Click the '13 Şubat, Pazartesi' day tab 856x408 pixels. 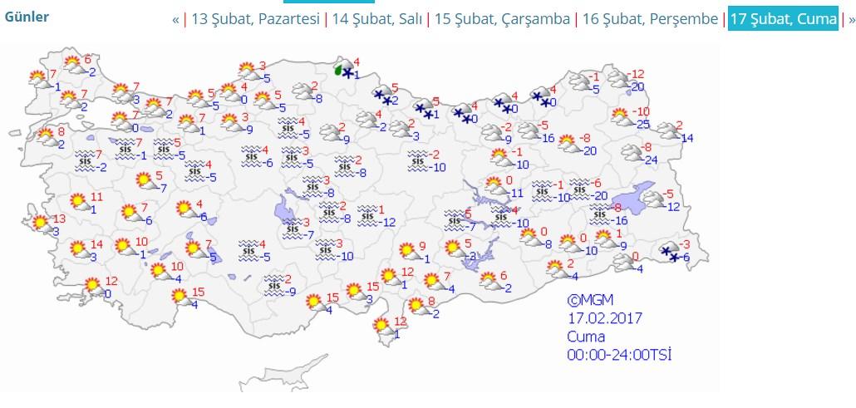pyautogui.click(x=255, y=19)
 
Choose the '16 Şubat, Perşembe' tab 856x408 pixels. pyautogui.click(x=650, y=19)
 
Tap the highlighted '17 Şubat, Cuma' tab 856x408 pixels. pyautogui.click(x=783, y=19)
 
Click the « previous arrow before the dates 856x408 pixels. pyautogui.click(x=175, y=19)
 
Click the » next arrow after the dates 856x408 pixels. pyautogui.click(x=850, y=19)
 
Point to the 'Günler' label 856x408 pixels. pyautogui.click(x=27, y=17)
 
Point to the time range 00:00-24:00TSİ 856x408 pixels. pyautogui.click(x=619, y=355)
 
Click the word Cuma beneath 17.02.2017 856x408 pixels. pyautogui.click(x=585, y=337)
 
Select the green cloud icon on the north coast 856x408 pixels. pyautogui.click(x=338, y=71)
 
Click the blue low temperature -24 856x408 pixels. pyautogui.click(x=651, y=160)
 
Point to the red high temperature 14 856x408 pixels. pyautogui.click(x=96, y=244)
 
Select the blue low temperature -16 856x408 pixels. pyautogui.click(x=620, y=220)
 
